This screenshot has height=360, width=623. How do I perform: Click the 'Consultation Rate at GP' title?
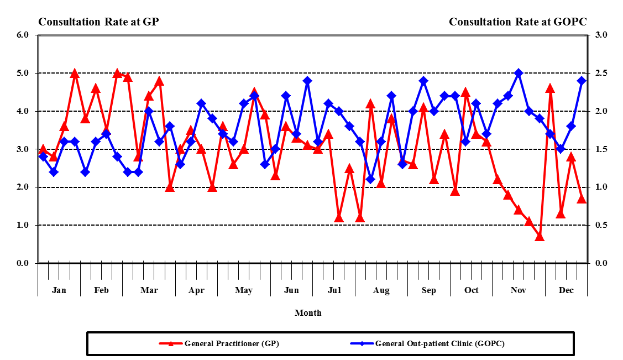point(98,22)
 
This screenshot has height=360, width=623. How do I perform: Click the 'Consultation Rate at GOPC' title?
point(517,22)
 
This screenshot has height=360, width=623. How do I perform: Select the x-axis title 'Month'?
point(308,312)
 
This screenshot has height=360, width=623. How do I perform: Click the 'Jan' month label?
point(59,290)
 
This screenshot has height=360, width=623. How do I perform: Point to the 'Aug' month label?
point(381,290)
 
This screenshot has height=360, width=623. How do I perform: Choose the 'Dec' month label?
point(566,290)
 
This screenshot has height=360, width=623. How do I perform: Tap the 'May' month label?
point(244,290)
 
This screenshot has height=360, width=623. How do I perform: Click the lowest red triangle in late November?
point(540,237)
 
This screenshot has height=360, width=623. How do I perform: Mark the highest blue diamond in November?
point(519,73)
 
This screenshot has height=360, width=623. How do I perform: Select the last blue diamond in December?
point(582,80)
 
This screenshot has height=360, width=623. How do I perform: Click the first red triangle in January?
point(43,149)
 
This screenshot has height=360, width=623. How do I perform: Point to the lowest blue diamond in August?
point(370,179)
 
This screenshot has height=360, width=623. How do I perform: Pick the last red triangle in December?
point(582,199)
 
